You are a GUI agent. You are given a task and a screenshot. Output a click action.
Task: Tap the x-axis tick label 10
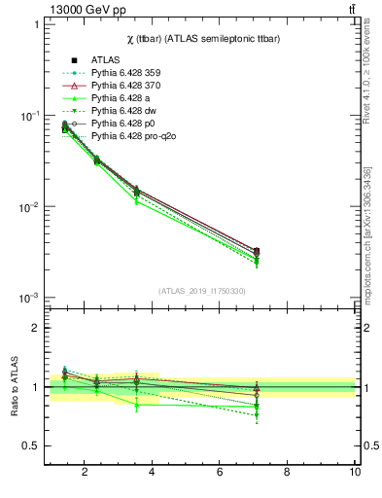pyautogui.click(x=355, y=474)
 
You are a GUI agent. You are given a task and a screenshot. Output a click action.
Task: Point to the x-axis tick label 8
pyautogui.click(x=287, y=474)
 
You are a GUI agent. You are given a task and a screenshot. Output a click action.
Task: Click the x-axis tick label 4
pyautogui.click(x=153, y=474)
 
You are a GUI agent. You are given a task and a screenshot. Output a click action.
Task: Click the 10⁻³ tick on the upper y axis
pyautogui.click(x=31, y=298)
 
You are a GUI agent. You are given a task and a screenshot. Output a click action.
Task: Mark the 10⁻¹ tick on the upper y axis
pyautogui.click(x=31, y=116)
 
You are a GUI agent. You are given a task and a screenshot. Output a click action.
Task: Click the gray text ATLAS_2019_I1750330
pyautogui.click(x=201, y=291)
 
